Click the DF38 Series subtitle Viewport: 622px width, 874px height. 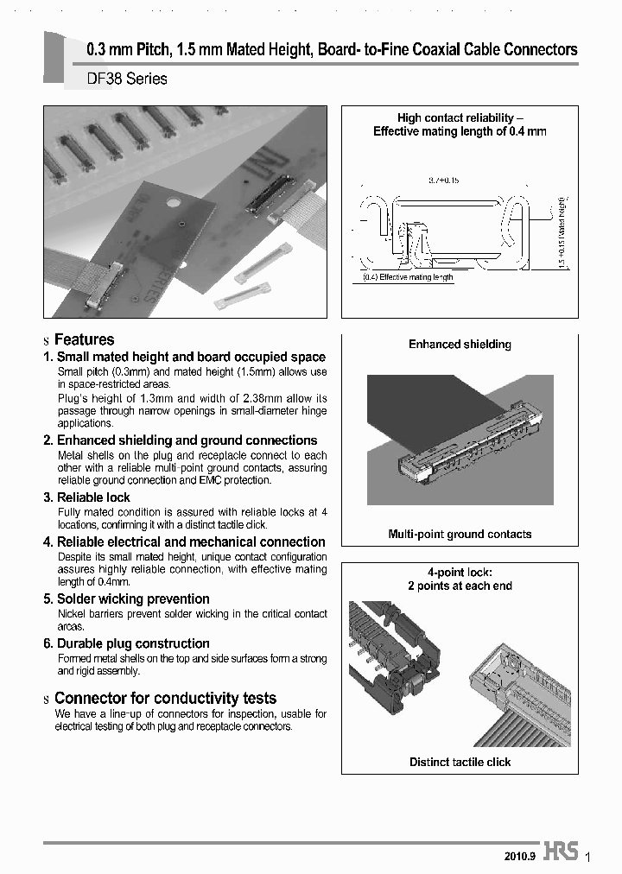[x=127, y=79]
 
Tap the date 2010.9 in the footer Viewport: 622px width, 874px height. [x=520, y=856]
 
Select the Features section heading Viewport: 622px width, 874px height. [x=84, y=339]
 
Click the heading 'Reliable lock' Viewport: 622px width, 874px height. [x=93, y=497]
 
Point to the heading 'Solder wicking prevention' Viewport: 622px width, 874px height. [x=133, y=598]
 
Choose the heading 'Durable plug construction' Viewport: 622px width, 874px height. [x=133, y=643]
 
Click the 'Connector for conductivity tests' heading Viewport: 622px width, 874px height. [x=165, y=698]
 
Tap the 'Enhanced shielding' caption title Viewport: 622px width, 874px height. [x=460, y=344]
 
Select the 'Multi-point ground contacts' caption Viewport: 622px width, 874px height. [x=460, y=534]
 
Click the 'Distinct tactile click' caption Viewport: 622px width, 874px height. [x=460, y=762]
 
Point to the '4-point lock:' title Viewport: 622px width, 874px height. [x=460, y=572]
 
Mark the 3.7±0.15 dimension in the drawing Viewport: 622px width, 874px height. [x=444, y=180]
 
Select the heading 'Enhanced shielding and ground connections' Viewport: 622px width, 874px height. [x=187, y=440]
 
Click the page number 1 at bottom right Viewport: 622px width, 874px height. [x=587, y=856]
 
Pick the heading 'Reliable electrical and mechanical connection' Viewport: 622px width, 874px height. [x=191, y=542]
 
